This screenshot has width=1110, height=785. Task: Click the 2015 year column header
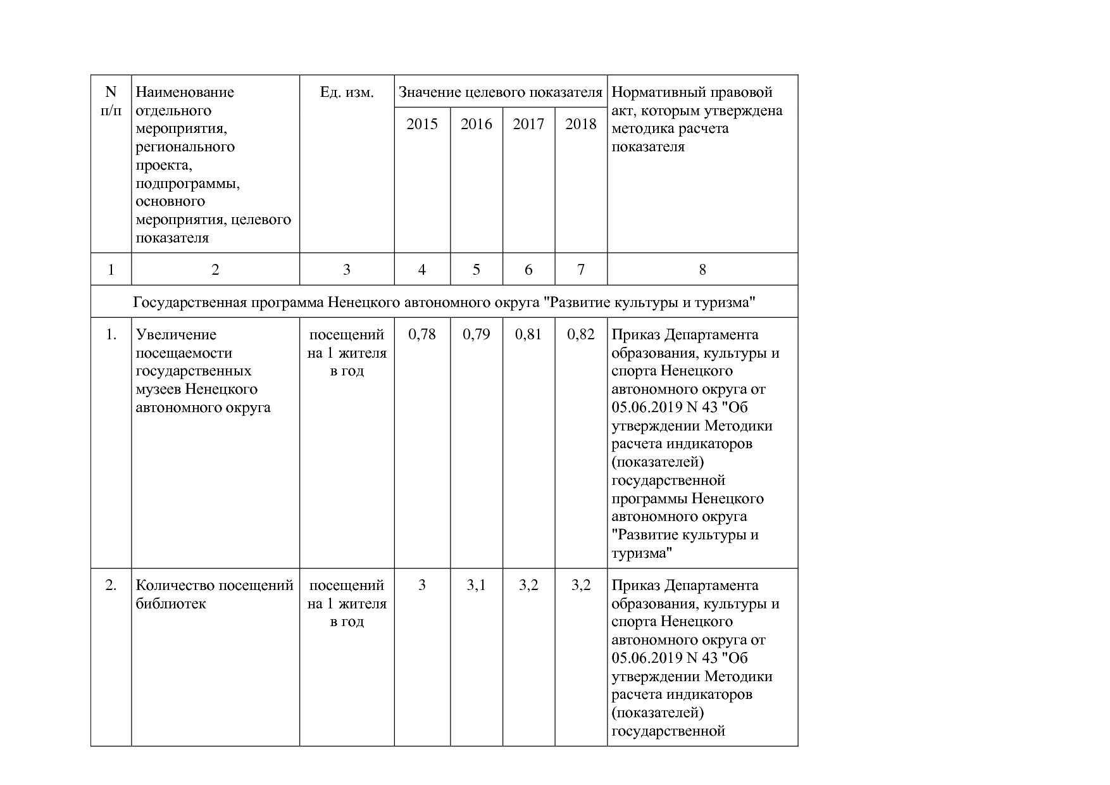[422, 124]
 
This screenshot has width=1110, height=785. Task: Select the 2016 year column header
[476, 124]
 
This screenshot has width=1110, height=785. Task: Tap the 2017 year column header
[528, 124]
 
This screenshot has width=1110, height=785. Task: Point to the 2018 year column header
[581, 124]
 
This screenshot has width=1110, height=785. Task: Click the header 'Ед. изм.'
[347, 92]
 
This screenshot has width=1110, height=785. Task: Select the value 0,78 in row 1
[422, 334]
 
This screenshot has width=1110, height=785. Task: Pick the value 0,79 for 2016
[476, 334]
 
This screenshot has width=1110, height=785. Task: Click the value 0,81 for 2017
[528, 334]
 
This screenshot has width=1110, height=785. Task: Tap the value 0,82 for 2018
[581, 334]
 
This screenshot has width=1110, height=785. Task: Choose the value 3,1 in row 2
[476, 586]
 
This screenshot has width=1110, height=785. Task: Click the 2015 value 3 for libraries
[422, 586]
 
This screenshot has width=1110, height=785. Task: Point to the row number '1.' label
[111, 334]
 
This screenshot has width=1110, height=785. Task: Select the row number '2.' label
[111, 586]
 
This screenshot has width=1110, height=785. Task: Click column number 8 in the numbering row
[702, 270]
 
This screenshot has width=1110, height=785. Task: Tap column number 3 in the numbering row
[347, 270]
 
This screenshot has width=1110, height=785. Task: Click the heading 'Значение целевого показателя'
[500, 92]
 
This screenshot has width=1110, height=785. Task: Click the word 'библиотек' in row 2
[170, 603]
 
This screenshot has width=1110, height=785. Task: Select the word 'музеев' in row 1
[159, 389]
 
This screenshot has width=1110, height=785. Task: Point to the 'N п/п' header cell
[111, 101]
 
